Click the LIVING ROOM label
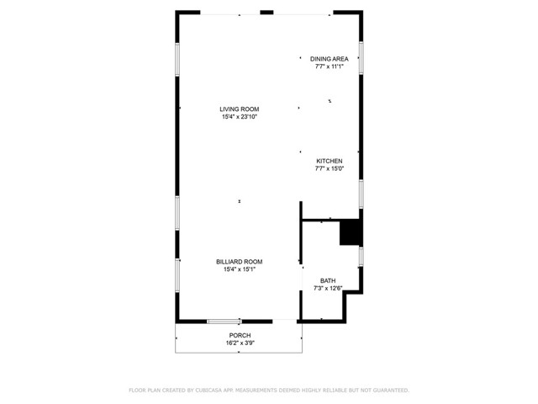pyautogui.click(x=239, y=109)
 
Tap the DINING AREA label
pyautogui.click(x=329, y=59)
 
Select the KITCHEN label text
pyautogui.click(x=329, y=161)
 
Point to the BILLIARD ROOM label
pyautogui.click(x=239, y=262)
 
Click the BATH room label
pyautogui.click(x=328, y=280)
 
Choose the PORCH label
pyautogui.click(x=239, y=336)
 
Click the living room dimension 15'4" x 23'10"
pyautogui.click(x=239, y=117)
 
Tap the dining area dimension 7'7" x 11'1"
pyautogui.click(x=329, y=66)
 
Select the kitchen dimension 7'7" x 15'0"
pyautogui.click(x=329, y=168)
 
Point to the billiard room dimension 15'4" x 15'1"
pyautogui.click(x=239, y=269)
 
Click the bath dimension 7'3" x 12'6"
pyautogui.click(x=328, y=288)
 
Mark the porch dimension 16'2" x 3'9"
pyautogui.click(x=239, y=343)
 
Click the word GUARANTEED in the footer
pyautogui.click(x=389, y=391)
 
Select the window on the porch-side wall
pyautogui.click(x=224, y=321)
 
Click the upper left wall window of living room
pyautogui.click(x=177, y=59)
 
